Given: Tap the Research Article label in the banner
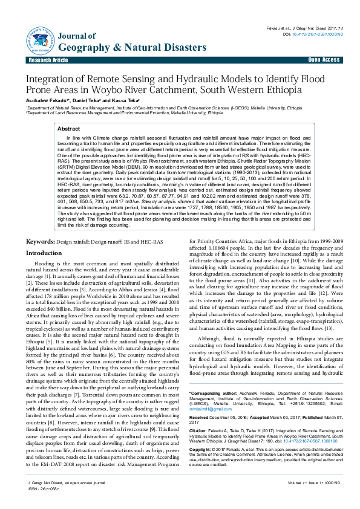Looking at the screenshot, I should tap(48, 60).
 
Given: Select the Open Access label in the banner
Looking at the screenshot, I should tap(324, 60).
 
